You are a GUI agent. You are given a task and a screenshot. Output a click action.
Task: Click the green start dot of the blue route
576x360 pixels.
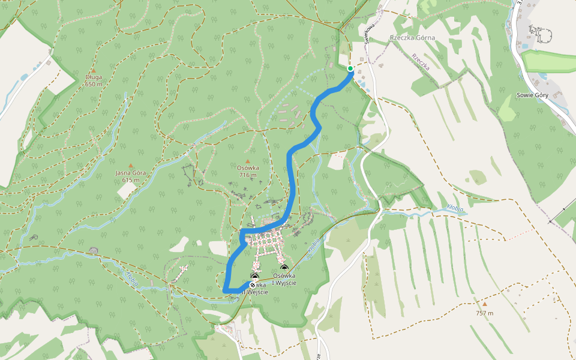350,68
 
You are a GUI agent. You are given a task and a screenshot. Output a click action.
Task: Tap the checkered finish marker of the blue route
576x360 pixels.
253,285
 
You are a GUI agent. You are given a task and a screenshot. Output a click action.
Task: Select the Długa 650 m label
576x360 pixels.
94,80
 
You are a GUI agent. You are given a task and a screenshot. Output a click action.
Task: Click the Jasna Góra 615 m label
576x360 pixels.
131,176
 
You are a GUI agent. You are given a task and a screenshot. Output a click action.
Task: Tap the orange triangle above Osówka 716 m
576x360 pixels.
247,161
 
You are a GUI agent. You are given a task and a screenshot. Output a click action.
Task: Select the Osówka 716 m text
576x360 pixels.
247,172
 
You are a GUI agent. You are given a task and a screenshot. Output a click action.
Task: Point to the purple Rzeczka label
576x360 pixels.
421,62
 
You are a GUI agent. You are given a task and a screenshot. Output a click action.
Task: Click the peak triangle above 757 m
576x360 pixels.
485,304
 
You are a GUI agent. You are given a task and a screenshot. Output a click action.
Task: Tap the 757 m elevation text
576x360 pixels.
485,313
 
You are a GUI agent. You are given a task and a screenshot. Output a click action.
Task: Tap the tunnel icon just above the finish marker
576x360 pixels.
254,277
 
